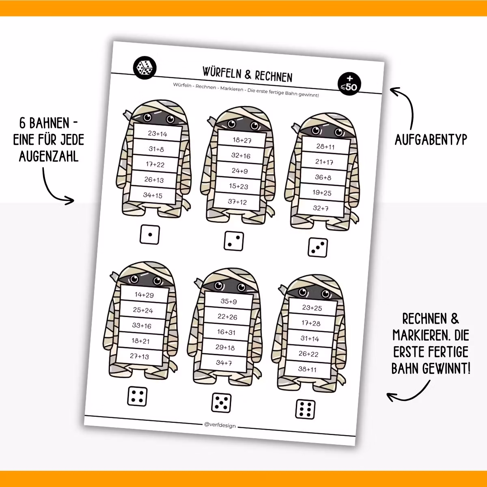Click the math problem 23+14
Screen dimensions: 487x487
[157, 134]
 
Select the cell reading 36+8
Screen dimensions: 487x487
[323, 177]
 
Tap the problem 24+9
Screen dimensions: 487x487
[239, 171]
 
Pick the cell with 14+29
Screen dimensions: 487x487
[144, 295]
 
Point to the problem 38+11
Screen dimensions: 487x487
[307, 369]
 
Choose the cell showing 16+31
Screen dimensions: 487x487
[226, 332]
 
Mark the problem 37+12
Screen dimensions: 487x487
[237, 202]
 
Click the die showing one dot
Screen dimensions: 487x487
[150, 235]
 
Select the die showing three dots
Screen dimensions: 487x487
[318, 248]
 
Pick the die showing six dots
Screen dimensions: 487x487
[305, 409]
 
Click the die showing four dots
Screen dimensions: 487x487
[138, 396]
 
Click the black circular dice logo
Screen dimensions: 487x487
[144, 68]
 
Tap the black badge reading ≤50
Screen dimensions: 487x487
[349, 84]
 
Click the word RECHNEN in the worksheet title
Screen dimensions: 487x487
[274, 76]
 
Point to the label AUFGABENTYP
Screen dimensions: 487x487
[431, 140]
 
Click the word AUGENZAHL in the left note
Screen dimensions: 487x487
[49, 156]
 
